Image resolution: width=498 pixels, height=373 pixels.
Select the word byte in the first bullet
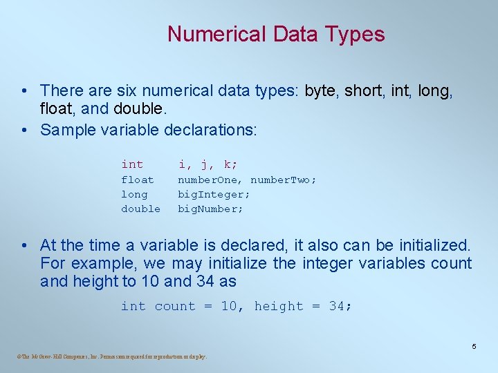click(x=320, y=90)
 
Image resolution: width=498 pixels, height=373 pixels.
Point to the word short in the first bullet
click(x=362, y=90)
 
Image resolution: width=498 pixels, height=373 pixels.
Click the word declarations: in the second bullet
click(x=209, y=130)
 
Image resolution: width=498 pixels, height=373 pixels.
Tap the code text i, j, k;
click(x=207, y=164)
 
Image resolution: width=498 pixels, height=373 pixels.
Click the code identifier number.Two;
click(x=284, y=180)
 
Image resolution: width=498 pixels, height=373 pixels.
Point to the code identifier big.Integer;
click(x=214, y=194)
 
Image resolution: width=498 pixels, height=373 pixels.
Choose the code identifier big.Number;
click(x=211, y=209)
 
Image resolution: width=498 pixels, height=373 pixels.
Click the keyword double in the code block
click(x=140, y=209)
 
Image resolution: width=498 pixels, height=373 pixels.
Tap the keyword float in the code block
click(x=138, y=180)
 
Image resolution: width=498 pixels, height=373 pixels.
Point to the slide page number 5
click(x=474, y=346)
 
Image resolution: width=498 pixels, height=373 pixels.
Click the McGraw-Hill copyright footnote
click(x=111, y=356)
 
